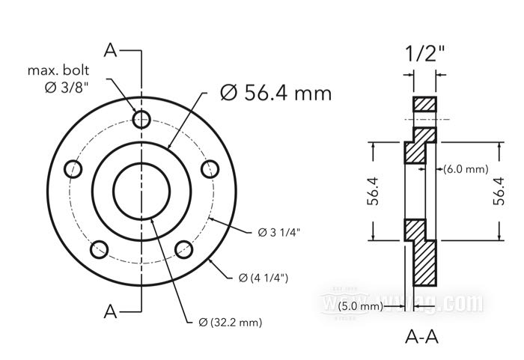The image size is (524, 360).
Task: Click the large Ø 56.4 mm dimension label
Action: coord(275,93)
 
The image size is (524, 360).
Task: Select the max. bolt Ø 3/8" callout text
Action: coord(59,79)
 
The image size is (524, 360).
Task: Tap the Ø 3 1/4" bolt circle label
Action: coord(279,232)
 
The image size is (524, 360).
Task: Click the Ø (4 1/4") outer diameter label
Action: coord(263,278)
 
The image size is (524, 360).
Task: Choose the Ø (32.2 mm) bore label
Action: coord(231,323)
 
